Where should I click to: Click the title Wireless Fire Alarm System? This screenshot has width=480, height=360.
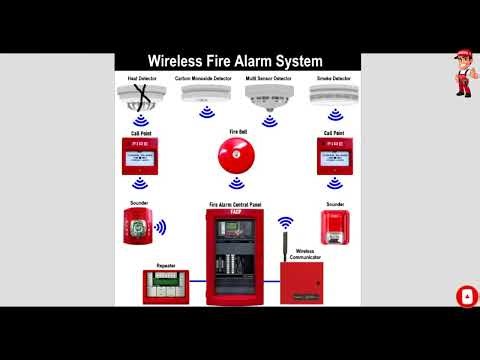point(238,61)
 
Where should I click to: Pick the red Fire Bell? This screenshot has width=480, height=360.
point(238,154)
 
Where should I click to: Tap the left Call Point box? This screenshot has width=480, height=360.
point(140,155)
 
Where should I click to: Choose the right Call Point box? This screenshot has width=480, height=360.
point(334,155)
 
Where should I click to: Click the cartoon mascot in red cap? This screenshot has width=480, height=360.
point(463,72)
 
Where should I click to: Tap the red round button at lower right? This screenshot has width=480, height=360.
point(465,297)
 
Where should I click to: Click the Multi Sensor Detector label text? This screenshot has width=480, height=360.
point(268,77)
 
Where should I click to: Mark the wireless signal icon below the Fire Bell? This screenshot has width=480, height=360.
point(238,183)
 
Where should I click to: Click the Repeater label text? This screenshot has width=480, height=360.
point(166,266)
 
